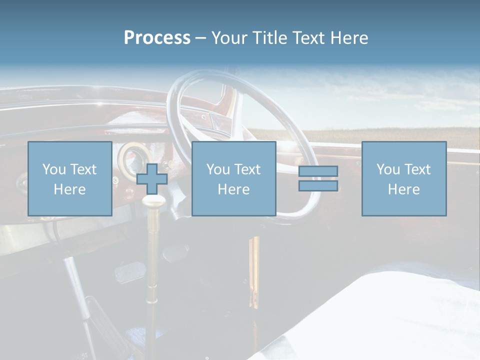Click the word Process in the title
[157, 38]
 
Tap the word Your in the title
[230, 38]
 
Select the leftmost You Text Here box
[69, 178]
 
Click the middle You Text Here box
[233, 178]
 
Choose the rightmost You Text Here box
[403, 178]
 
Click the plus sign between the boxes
[152, 178]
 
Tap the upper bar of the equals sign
[318, 171]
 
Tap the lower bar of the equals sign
[318, 186]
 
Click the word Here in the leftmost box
[69, 189]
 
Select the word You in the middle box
[218, 169]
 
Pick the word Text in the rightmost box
[418, 169]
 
